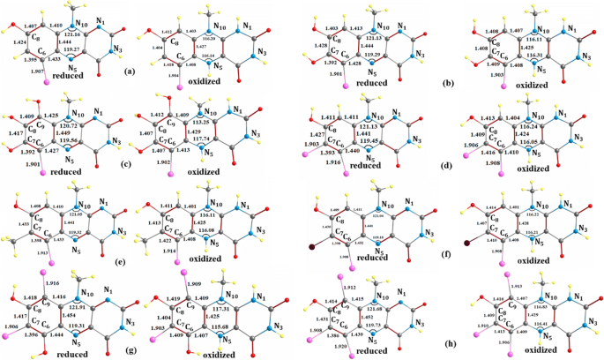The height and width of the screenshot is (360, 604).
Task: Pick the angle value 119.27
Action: point(73,50)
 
